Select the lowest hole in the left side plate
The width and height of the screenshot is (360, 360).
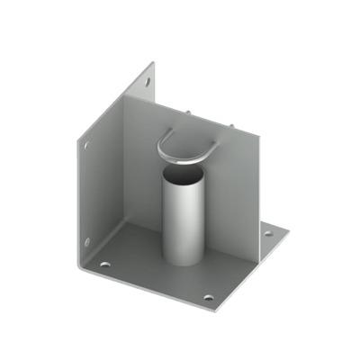point(87,241)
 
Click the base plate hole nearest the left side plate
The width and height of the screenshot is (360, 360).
point(105,265)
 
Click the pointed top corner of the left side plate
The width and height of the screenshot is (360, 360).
point(153,63)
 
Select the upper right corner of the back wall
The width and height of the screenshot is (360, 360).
point(259,132)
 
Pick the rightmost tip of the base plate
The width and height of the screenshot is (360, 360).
point(292,230)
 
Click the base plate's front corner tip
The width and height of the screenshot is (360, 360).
point(216,309)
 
